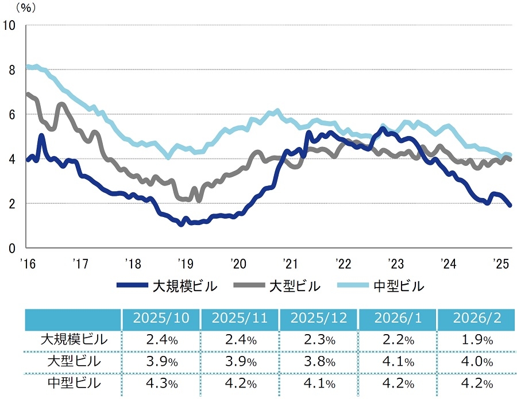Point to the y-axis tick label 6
(x=11, y=114)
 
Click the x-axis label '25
(x=501, y=263)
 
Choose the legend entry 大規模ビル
(x=167, y=285)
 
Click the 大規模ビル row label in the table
(x=74, y=339)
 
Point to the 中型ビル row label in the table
(x=74, y=383)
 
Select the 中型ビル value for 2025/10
(x=161, y=383)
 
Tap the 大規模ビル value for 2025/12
(x=319, y=340)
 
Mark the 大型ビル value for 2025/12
(x=319, y=362)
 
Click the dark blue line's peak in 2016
(x=41, y=136)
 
